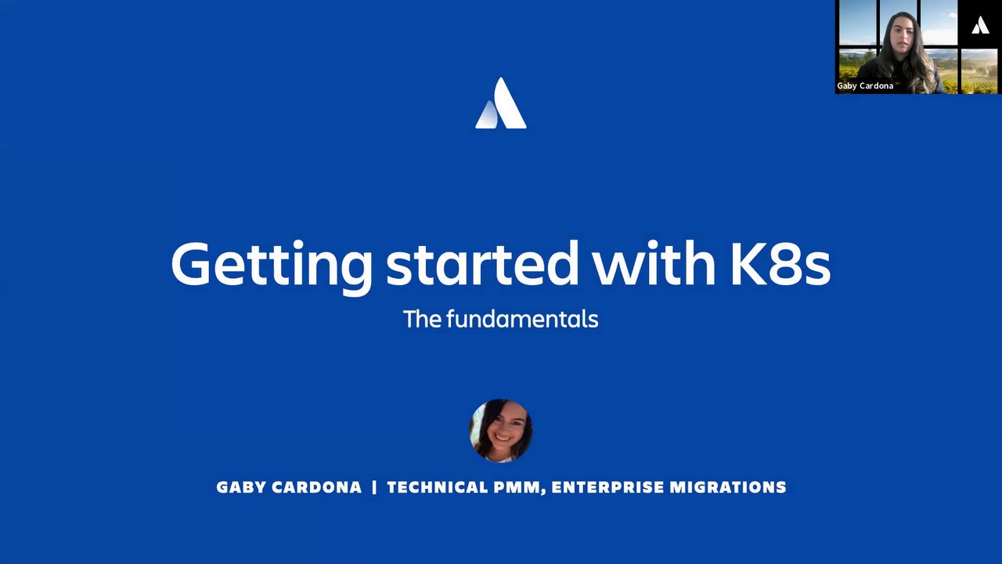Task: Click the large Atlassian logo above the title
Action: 501,103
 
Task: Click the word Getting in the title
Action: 271,267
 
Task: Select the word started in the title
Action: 482,264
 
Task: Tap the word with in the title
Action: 654,263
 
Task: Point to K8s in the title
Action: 780,264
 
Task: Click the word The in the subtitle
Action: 422,319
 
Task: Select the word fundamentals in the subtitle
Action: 522,319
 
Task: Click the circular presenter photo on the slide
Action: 500,430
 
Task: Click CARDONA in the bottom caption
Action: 317,487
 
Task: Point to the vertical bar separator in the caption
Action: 374,487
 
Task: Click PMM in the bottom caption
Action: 517,487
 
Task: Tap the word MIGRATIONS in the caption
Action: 728,487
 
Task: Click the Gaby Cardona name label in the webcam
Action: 865,85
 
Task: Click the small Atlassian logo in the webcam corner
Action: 980,25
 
